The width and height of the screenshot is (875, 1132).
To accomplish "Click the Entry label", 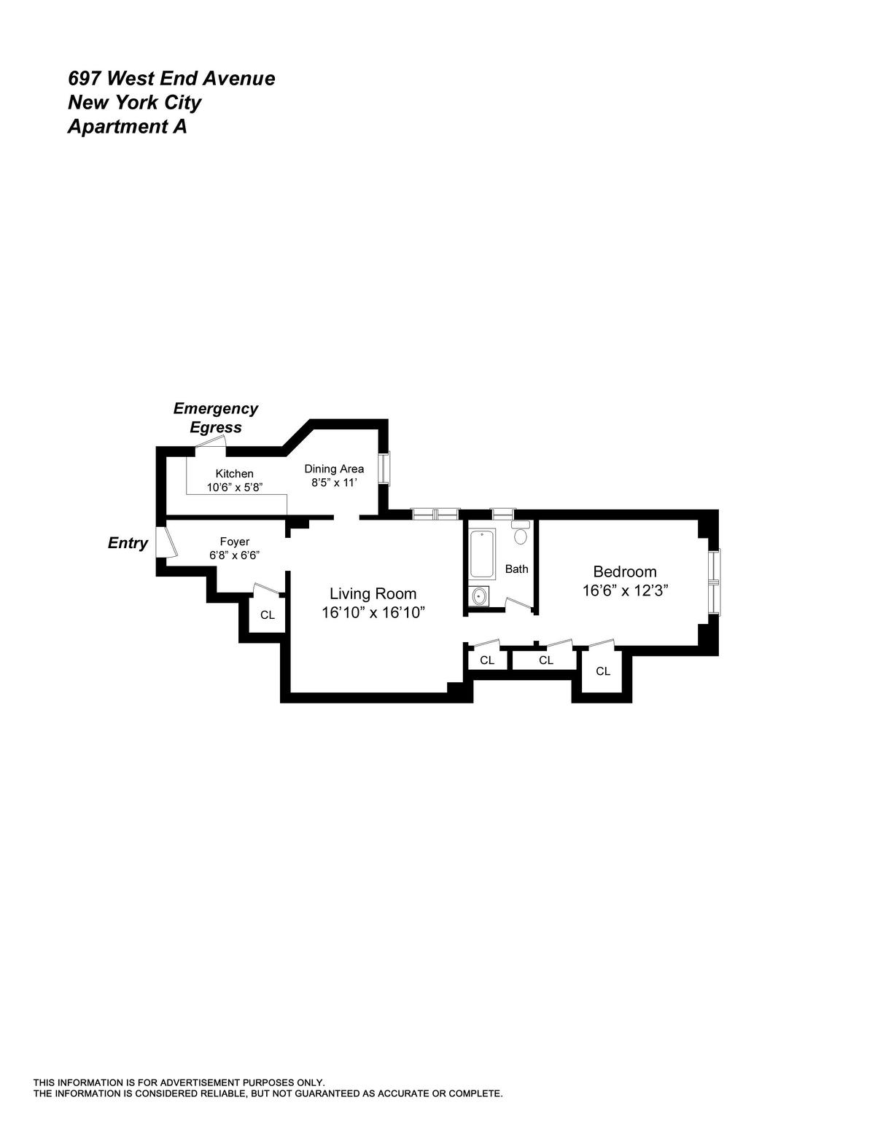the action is point(128,543).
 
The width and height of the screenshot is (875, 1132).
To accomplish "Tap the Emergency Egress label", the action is point(215,418).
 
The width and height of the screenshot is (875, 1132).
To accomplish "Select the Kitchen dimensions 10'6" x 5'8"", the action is point(234,487).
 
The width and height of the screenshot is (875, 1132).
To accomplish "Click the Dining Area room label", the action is point(334,469).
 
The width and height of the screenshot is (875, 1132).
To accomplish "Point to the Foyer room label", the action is point(235,542).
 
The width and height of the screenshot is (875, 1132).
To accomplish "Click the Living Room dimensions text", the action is point(373,613).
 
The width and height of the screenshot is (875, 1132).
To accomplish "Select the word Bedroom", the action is point(625,571).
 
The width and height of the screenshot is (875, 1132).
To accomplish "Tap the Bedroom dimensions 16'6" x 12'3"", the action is point(626,591).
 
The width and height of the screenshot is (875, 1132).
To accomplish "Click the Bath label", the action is point(516,569).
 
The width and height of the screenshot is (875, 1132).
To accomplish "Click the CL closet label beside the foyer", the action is point(268,614).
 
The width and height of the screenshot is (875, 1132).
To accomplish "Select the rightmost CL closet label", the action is point(603,671).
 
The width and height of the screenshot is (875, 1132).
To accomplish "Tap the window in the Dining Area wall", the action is point(384,469).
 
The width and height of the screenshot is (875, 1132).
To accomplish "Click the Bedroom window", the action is point(715,581).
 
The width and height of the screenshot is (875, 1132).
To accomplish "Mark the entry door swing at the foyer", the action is point(166,542).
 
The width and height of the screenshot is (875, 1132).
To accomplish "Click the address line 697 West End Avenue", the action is point(171,79).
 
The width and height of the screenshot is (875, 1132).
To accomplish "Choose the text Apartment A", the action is point(127,127).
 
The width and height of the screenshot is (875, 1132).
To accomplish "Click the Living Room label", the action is point(373,593).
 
